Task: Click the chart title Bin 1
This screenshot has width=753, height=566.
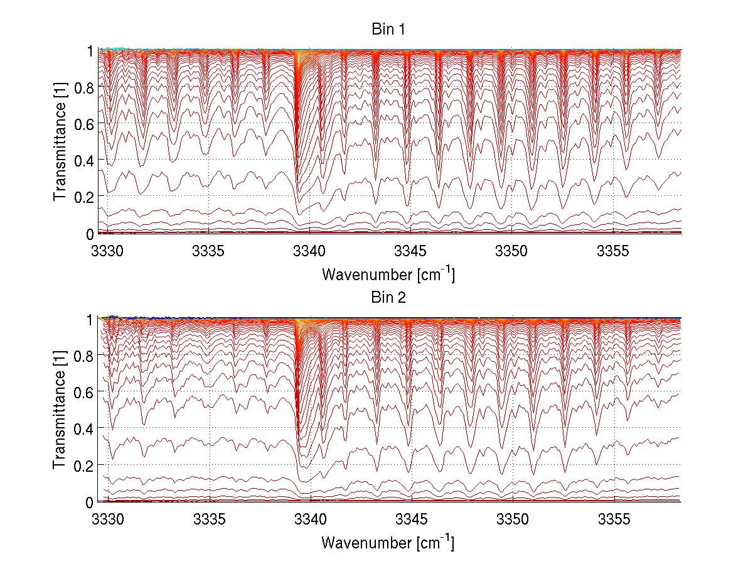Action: (388, 29)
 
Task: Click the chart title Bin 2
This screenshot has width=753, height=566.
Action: (388, 298)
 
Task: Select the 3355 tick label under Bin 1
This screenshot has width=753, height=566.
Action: (614, 251)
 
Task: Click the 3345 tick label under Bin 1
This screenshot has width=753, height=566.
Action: (411, 251)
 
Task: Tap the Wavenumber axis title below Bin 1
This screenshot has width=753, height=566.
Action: (388, 275)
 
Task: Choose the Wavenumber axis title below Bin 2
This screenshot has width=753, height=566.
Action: (388, 543)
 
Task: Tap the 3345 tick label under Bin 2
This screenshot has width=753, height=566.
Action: (411, 520)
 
